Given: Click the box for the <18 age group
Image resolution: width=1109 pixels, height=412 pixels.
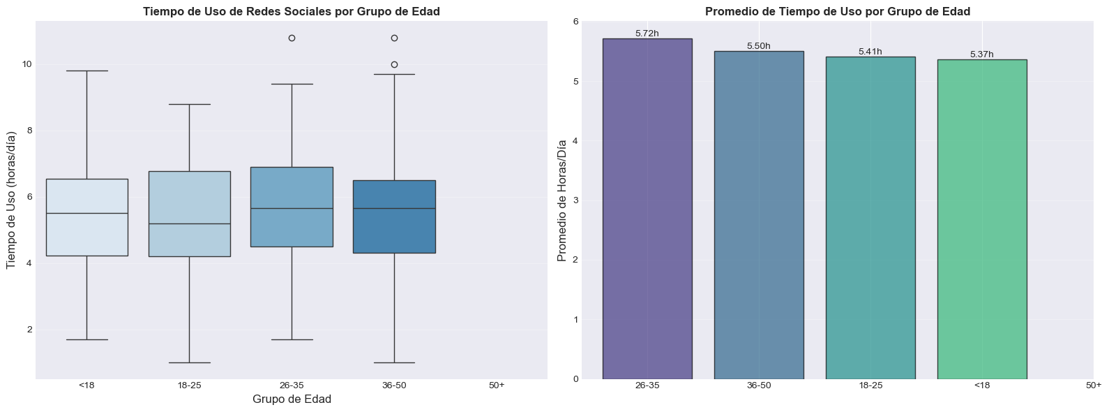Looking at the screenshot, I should [86, 217].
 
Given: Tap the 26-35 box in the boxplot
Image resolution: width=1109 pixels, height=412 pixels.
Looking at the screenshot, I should [292, 207].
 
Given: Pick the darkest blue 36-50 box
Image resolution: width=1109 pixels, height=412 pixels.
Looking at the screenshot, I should [394, 216].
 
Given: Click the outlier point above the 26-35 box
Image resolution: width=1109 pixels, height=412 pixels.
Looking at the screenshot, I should [292, 38].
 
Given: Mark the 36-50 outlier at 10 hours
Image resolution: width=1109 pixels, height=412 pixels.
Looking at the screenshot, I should [394, 64].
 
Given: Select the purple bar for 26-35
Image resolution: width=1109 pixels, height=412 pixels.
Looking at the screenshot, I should [647, 209].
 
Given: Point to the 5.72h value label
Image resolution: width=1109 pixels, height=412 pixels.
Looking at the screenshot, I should [647, 34].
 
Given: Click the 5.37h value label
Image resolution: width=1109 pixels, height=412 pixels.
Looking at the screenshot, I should [982, 54].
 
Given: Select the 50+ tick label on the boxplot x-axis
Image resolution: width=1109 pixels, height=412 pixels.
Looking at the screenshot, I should [497, 385].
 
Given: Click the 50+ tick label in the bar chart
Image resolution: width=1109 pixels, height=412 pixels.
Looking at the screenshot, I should [1094, 385].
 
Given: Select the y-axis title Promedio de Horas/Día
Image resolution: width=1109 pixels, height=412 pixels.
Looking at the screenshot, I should [562, 200].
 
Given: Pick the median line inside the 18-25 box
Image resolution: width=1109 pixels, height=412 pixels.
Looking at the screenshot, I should [189, 223].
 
